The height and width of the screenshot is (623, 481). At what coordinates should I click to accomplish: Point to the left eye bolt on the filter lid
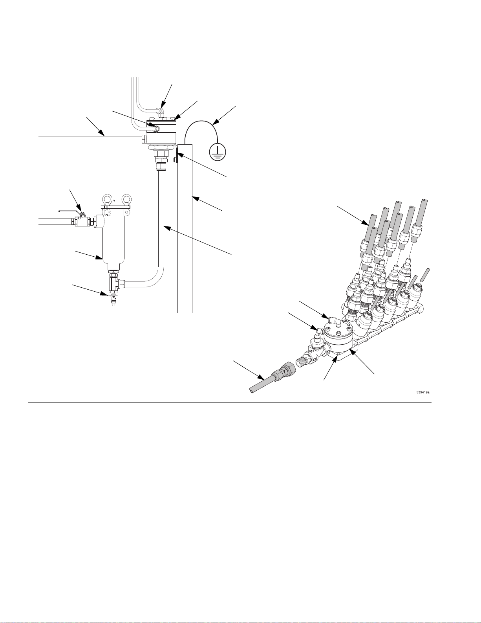106,199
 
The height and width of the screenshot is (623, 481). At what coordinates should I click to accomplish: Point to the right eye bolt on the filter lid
126,199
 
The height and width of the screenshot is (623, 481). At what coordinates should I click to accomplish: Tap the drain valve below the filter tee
113,298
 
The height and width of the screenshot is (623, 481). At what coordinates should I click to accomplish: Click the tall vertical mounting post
185,228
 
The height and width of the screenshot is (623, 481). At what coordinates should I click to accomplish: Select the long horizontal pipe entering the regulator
90,138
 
